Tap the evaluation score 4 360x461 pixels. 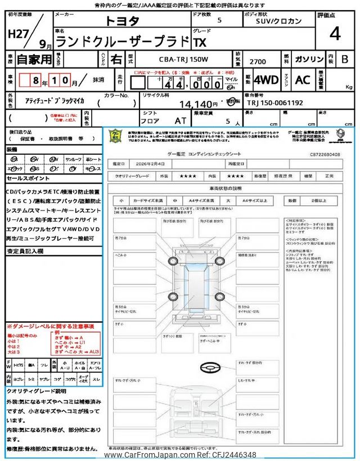335,34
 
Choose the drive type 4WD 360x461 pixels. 266,80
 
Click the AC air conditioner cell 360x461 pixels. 303,80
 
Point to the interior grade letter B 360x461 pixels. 344,59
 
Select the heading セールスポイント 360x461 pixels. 28,178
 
